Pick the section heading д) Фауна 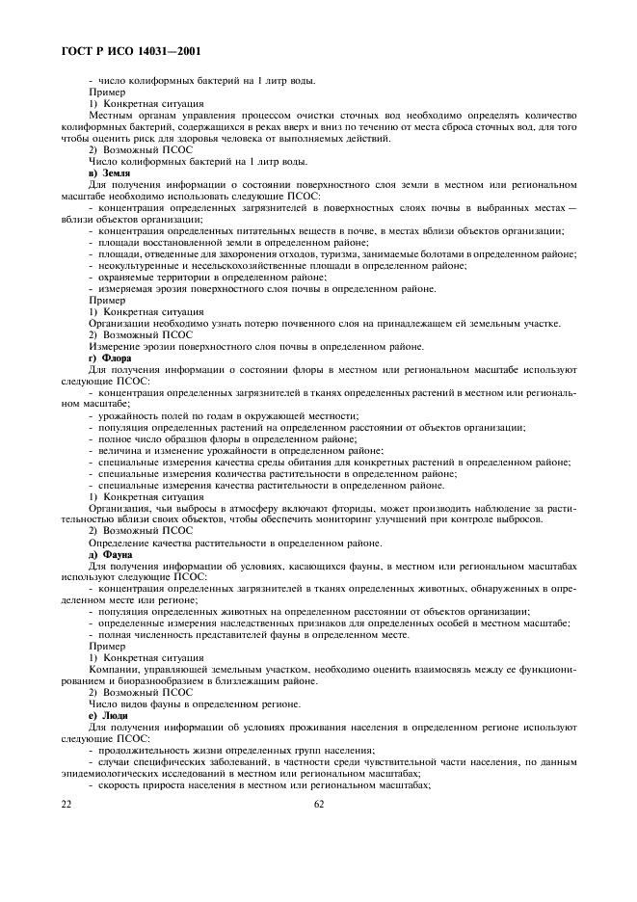pyautogui.click(x=110, y=554)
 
